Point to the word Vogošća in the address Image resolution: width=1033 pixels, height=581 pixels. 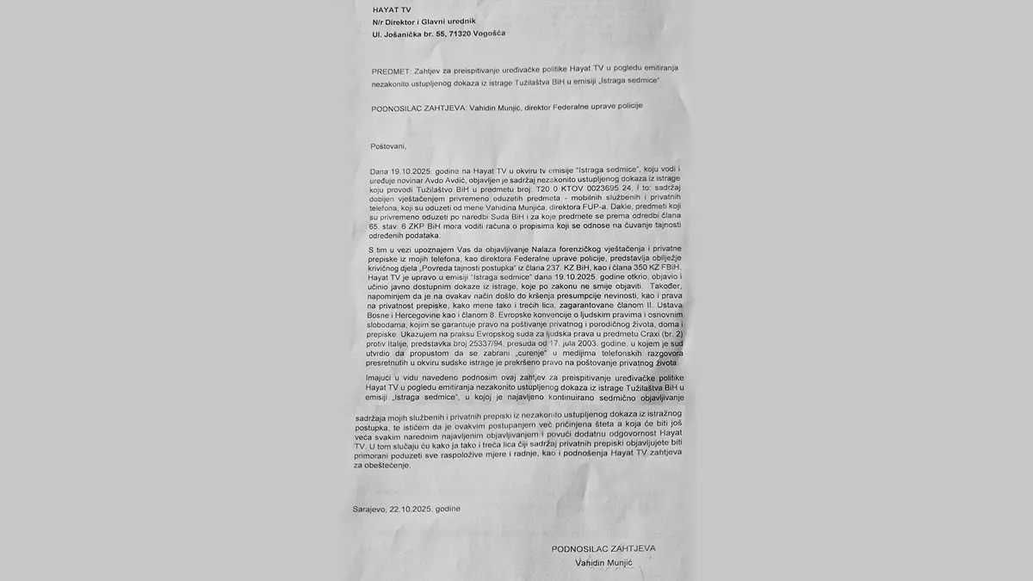[488, 34]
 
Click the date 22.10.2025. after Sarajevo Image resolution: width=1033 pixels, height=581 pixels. [411, 510]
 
